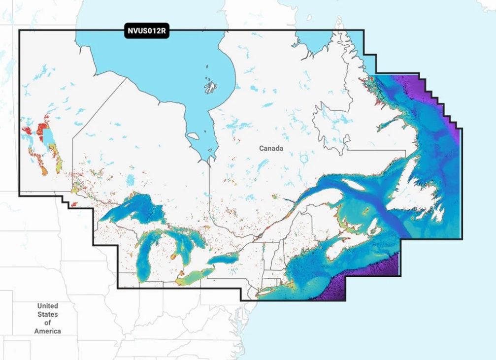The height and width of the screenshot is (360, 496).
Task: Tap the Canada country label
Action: (271, 148)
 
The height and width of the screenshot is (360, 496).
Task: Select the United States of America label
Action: (48, 318)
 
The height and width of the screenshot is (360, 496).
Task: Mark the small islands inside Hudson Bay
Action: (211, 87)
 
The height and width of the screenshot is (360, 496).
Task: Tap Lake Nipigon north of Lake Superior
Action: (130, 181)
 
